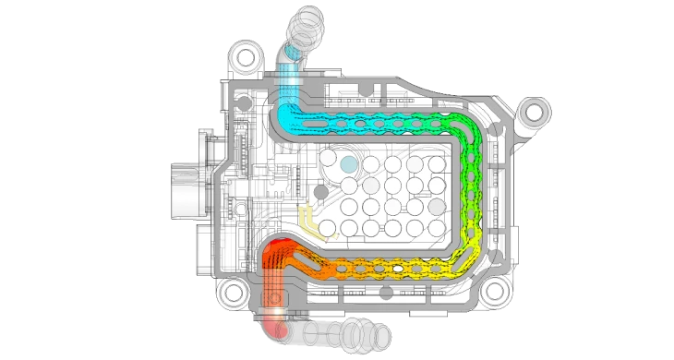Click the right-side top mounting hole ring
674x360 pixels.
(x=533, y=114)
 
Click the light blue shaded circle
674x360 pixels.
(x=347, y=163)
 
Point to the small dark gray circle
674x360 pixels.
(x=320, y=191)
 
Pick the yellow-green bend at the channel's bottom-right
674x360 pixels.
(x=467, y=259)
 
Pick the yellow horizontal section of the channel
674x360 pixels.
(x=406, y=269)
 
